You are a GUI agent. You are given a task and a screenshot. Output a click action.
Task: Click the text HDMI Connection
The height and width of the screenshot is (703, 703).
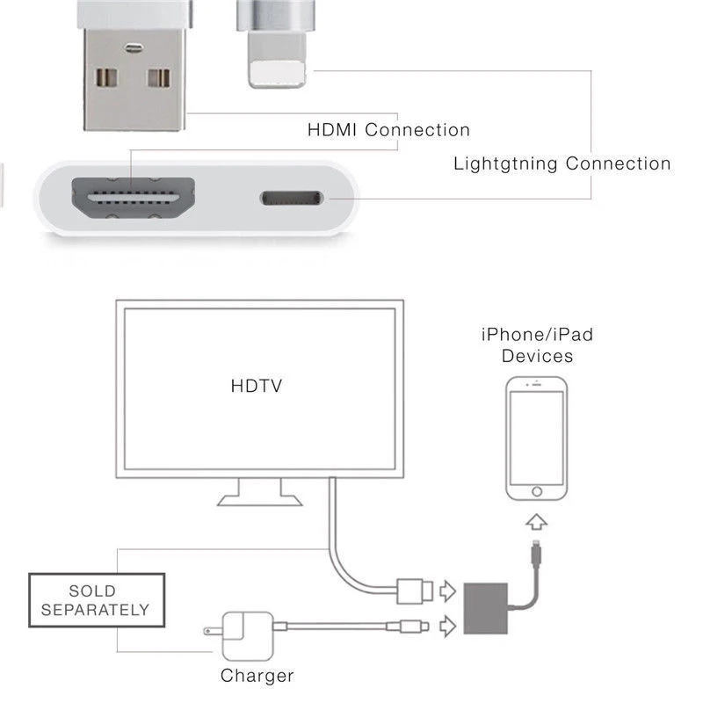click(388, 130)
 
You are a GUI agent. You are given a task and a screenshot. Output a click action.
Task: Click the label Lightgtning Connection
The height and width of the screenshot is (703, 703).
click(562, 163)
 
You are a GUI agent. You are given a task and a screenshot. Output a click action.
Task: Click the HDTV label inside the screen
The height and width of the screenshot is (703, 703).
click(256, 385)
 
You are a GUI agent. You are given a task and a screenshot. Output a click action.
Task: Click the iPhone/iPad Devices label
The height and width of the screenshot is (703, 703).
click(537, 344)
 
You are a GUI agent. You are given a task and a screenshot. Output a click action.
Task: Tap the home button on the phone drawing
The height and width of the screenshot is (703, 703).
click(536, 489)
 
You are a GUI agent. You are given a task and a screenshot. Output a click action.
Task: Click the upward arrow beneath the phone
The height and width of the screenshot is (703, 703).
click(536, 521)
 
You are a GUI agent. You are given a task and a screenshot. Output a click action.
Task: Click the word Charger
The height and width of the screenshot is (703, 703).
click(257, 676)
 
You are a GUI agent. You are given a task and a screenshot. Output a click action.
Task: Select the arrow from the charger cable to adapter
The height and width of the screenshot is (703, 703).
click(448, 626)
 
